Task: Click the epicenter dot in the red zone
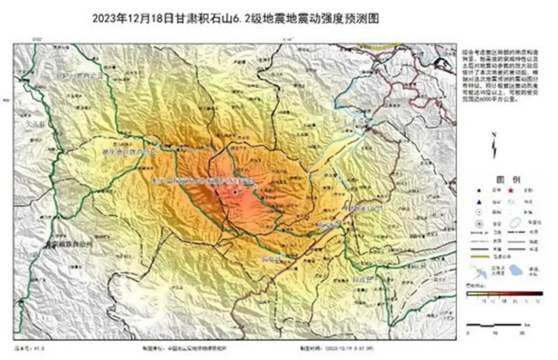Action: click(x=236, y=192)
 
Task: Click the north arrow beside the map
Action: click(x=494, y=146)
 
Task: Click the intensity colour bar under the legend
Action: click(x=504, y=293)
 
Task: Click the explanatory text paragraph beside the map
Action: click(x=495, y=75)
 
